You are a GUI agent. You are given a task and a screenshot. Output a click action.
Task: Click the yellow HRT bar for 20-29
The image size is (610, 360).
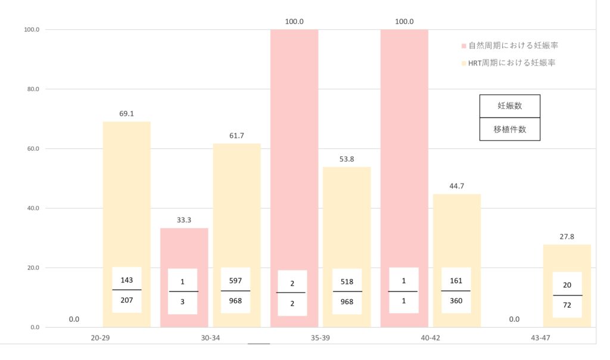coord(126,191)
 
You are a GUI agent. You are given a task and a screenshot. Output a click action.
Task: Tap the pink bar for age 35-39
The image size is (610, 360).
coord(294,149)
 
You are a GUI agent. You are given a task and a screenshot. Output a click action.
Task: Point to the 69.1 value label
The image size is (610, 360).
coord(126,113)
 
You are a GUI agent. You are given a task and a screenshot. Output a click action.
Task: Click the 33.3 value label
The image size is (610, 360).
coord(183,220)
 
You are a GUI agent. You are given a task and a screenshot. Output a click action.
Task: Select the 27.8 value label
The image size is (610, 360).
coord(567,236)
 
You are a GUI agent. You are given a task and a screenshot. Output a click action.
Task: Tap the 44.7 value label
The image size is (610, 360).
coord(456,185)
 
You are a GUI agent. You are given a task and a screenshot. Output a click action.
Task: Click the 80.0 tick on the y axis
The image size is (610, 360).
coord(31,89)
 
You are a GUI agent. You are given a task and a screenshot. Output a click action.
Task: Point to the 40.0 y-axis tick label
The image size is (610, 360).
coord(31,209)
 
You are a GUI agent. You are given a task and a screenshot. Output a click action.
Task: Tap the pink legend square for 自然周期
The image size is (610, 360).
coord(464,46)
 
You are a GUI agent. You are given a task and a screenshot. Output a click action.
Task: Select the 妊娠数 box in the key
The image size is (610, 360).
coord(510,106)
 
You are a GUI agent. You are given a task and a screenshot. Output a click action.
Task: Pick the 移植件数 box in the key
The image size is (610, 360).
coord(510,129)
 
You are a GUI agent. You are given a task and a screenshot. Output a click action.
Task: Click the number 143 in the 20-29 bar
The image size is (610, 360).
coord(126,279)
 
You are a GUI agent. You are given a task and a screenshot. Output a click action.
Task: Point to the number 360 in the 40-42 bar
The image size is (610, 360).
coord(456,301)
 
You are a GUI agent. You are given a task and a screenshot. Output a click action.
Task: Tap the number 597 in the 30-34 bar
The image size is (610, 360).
coord(235,281)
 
